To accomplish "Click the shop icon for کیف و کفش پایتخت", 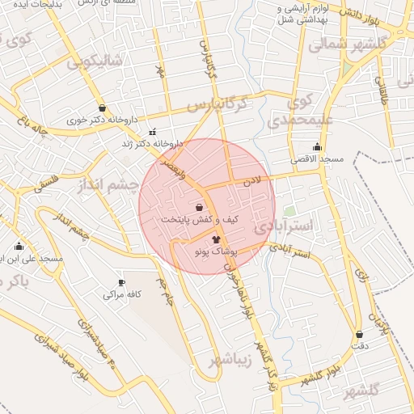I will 199,207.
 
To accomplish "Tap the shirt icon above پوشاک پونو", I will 216,239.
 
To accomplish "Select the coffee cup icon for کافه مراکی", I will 122,282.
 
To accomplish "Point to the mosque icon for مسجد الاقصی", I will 316,146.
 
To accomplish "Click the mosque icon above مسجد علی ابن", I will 19,246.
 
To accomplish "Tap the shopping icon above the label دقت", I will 358,334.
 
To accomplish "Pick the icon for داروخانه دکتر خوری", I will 101,108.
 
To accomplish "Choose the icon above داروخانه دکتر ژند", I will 151,132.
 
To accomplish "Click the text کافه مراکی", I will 122,295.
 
